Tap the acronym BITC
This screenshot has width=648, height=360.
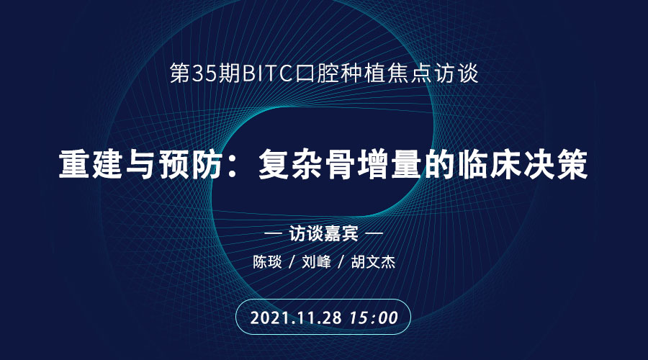[x=267, y=73]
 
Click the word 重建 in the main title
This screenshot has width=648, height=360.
[x=91, y=164]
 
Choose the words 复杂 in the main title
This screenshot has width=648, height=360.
[x=292, y=164]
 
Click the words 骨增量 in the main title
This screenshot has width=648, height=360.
[x=374, y=164]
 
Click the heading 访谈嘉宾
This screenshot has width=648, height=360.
[x=323, y=234]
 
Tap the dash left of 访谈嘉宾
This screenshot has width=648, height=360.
[x=273, y=234]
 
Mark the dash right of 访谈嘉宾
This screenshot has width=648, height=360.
[x=374, y=234]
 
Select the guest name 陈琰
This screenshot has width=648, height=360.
[x=267, y=262]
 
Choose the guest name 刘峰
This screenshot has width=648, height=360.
[x=316, y=262]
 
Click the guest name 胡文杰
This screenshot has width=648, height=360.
[x=373, y=262]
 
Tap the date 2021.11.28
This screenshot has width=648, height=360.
[x=296, y=318]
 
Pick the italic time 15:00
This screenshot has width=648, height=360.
[x=374, y=318]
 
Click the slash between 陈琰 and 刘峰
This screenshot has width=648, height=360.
[x=292, y=262]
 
